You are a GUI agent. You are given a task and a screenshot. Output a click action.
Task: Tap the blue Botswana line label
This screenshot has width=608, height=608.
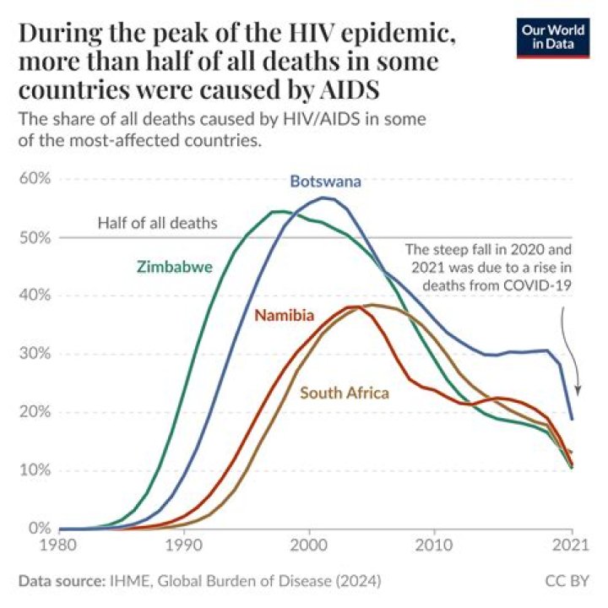pos(326,182)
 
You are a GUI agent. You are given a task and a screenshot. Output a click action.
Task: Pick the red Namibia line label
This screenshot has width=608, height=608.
pos(285,316)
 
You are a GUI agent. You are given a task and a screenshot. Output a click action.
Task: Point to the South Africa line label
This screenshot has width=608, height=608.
pos(345,393)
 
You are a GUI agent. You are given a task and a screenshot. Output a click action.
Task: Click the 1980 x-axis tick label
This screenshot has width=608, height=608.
pos(59,546)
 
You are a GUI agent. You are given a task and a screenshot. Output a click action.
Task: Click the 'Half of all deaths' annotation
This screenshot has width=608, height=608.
pos(158,224)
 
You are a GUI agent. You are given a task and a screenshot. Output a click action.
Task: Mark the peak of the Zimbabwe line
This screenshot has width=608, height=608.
pos(277,211)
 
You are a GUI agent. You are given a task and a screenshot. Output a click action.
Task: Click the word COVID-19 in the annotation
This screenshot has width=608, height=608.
pos(539,286)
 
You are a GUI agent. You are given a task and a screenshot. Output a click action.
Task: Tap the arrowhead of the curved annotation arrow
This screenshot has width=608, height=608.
pos(578,392)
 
